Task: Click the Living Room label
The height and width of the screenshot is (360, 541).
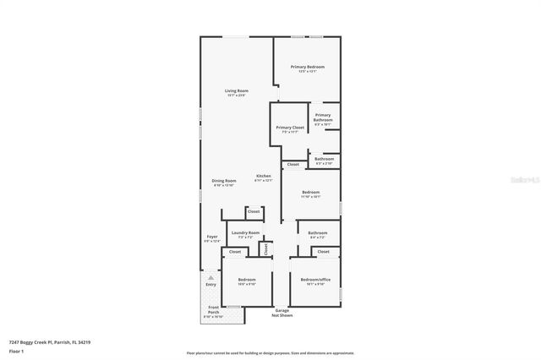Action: [x=236, y=90]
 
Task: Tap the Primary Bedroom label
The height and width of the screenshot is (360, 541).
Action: [x=308, y=67]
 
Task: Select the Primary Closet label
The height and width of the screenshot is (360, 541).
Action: [x=290, y=127]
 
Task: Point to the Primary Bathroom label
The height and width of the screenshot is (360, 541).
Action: [x=323, y=117]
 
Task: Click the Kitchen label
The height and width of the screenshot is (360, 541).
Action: [x=264, y=176]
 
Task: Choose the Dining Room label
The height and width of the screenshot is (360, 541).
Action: [x=224, y=181]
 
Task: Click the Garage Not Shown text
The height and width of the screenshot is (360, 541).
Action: [x=283, y=312]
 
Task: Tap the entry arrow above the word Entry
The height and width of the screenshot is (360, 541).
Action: [x=210, y=275]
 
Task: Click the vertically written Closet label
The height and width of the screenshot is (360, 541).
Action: [x=265, y=249]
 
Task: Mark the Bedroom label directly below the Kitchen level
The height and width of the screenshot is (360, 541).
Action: [x=311, y=193]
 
